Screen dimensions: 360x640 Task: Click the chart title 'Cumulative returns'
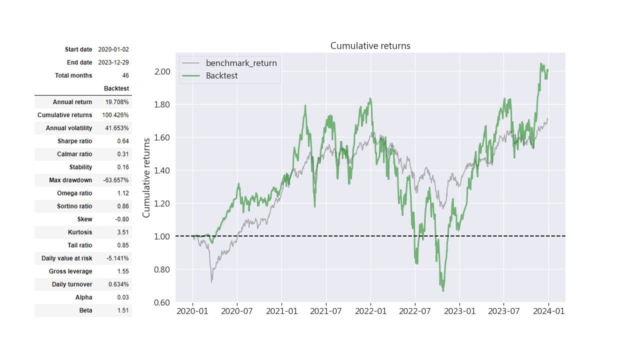(x=370, y=46)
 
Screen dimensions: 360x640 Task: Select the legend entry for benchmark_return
(x=241, y=63)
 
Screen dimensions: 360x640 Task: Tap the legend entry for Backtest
(x=221, y=76)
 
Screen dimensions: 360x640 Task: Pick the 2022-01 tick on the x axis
(x=370, y=311)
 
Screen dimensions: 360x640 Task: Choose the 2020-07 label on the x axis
(x=237, y=311)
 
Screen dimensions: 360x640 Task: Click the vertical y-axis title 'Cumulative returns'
(x=146, y=178)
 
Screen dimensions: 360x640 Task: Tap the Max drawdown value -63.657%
(x=115, y=180)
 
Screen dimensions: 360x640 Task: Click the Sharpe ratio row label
(x=74, y=141)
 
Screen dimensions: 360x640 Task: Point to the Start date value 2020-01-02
(x=113, y=49)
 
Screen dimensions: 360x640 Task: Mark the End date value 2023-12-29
(x=113, y=62)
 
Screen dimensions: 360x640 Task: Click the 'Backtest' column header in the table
(x=116, y=88)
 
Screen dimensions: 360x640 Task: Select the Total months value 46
(x=125, y=75)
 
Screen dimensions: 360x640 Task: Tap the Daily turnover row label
(x=72, y=284)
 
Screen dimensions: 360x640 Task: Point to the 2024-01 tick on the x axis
(x=548, y=311)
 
